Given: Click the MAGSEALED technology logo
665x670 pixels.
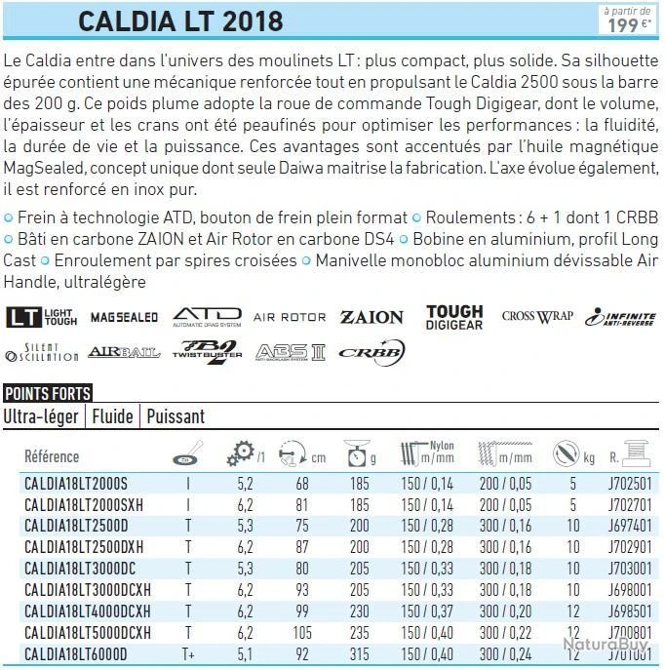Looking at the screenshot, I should (124, 317).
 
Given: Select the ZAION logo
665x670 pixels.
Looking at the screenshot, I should (372, 317).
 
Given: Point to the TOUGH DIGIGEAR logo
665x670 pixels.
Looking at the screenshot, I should (454, 317).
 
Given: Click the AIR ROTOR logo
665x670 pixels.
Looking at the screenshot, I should (290, 317).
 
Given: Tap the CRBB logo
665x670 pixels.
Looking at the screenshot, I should (372, 351).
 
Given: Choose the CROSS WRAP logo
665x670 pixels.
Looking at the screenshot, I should (536, 316).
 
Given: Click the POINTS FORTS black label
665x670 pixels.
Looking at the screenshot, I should (48, 394).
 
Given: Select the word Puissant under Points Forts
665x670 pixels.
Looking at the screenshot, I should (176, 416).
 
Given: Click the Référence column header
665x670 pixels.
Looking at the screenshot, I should (52, 456).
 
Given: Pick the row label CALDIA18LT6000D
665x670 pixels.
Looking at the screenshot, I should (75, 654).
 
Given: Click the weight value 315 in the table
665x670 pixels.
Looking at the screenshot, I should (360, 654).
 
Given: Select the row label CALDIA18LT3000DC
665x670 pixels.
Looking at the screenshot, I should (80, 568).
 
